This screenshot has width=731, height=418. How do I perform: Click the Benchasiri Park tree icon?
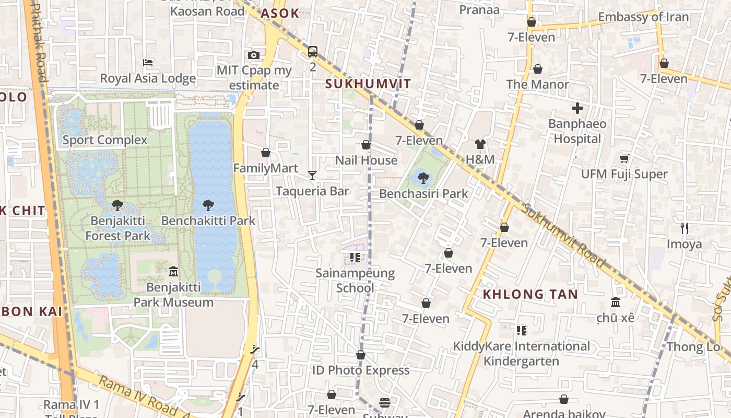pyautogui.click(x=423, y=178)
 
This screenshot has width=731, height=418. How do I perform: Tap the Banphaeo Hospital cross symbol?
pyautogui.click(x=577, y=109)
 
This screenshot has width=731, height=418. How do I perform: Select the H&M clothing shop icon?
pyautogui.click(x=480, y=144)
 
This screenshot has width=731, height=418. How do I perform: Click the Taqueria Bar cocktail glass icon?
pyautogui.click(x=312, y=175)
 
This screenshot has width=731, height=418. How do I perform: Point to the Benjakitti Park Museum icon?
pyautogui.click(x=173, y=272)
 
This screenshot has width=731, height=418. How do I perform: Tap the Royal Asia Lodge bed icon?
pyautogui.click(x=148, y=63)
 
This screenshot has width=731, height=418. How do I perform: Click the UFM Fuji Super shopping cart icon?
pyautogui.click(x=624, y=158)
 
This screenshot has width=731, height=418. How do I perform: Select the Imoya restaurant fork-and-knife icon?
pyautogui.click(x=685, y=228)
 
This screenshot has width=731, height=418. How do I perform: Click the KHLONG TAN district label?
pyautogui.click(x=530, y=294)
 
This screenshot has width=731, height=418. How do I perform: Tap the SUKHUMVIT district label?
pyautogui.click(x=368, y=84)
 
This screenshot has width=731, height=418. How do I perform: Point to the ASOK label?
pyautogui.click(x=280, y=14)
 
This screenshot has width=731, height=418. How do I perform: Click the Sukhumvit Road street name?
pyautogui.click(x=564, y=235)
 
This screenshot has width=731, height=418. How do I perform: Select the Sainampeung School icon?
pyautogui.click(x=355, y=257)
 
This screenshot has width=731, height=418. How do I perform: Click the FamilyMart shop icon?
pyautogui.click(x=266, y=153)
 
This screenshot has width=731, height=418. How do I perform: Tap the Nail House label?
pyautogui.click(x=366, y=160)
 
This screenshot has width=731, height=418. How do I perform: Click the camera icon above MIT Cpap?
pyautogui.click(x=254, y=55)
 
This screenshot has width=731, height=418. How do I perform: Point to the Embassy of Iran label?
pyautogui.click(x=643, y=17)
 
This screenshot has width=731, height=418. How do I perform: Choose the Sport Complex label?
pyautogui.click(x=105, y=140)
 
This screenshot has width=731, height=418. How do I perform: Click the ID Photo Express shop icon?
pyautogui.click(x=360, y=355)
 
